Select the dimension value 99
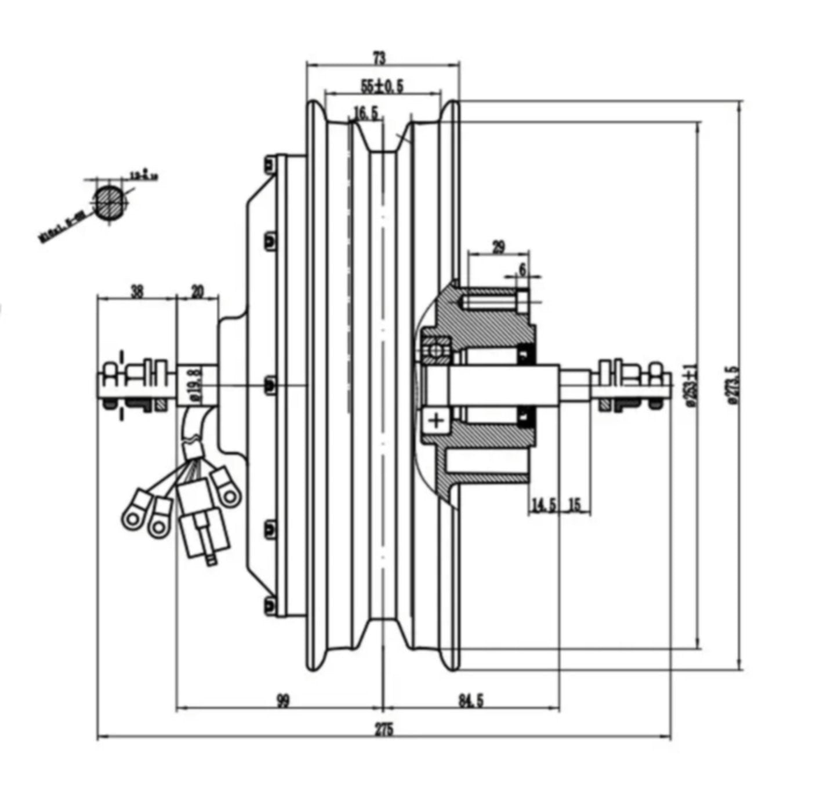pyautogui.click(x=282, y=701)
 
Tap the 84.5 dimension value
pyautogui.click(x=471, y=701)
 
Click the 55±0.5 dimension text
pyautogui.click(x=382, y=86)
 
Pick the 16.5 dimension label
pyautogui.click(x=366, y=113)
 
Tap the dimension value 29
pyautogui.click(x=498, y=247)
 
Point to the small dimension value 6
pyautogui.click(x=522, y=269)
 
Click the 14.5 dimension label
pyautogui.click(x=543, y=505)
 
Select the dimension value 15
pyautogui.click(x=575, y=505)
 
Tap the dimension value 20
pyautogui.click(x=197, y=291)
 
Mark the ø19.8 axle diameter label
pyautogui.click(x=196, y=383)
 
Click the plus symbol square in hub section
pyautogui.click(x=436, y=421)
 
